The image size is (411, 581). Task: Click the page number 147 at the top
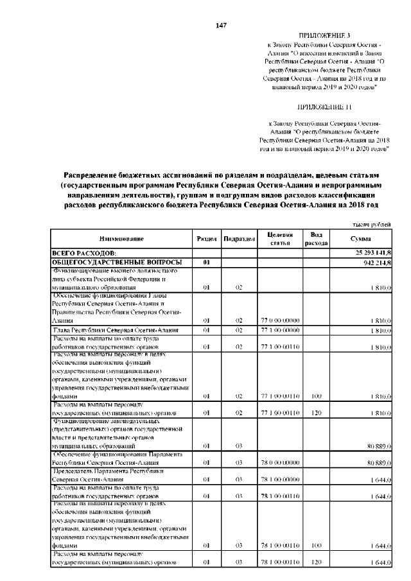(221, 25)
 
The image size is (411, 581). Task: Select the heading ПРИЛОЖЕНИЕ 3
(325, 35)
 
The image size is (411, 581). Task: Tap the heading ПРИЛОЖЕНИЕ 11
(324, 106)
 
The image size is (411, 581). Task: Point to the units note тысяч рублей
(372, 224)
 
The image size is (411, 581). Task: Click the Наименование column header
(121, 239)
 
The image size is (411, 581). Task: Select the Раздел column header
(207, 239)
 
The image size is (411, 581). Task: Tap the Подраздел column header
(239, 239)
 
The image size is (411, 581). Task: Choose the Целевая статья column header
(280, 239)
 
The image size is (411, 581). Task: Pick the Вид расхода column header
(316, 239)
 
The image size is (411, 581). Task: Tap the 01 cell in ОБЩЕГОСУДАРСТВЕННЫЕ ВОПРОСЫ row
(207, 263)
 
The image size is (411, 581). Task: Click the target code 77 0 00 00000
(280, 320)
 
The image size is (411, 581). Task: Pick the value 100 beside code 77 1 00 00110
(316, 397)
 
